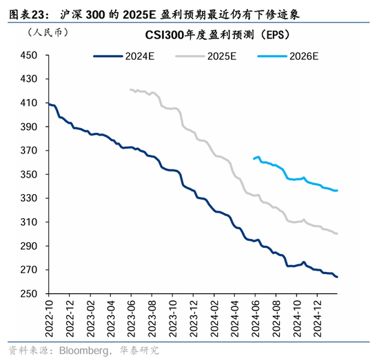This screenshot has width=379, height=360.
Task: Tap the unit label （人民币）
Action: coord(43,33)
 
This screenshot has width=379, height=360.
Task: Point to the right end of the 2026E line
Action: coord(337,190)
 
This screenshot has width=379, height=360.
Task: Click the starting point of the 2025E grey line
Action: coord(130,89)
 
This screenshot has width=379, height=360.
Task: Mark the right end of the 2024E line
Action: coord(337,277)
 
